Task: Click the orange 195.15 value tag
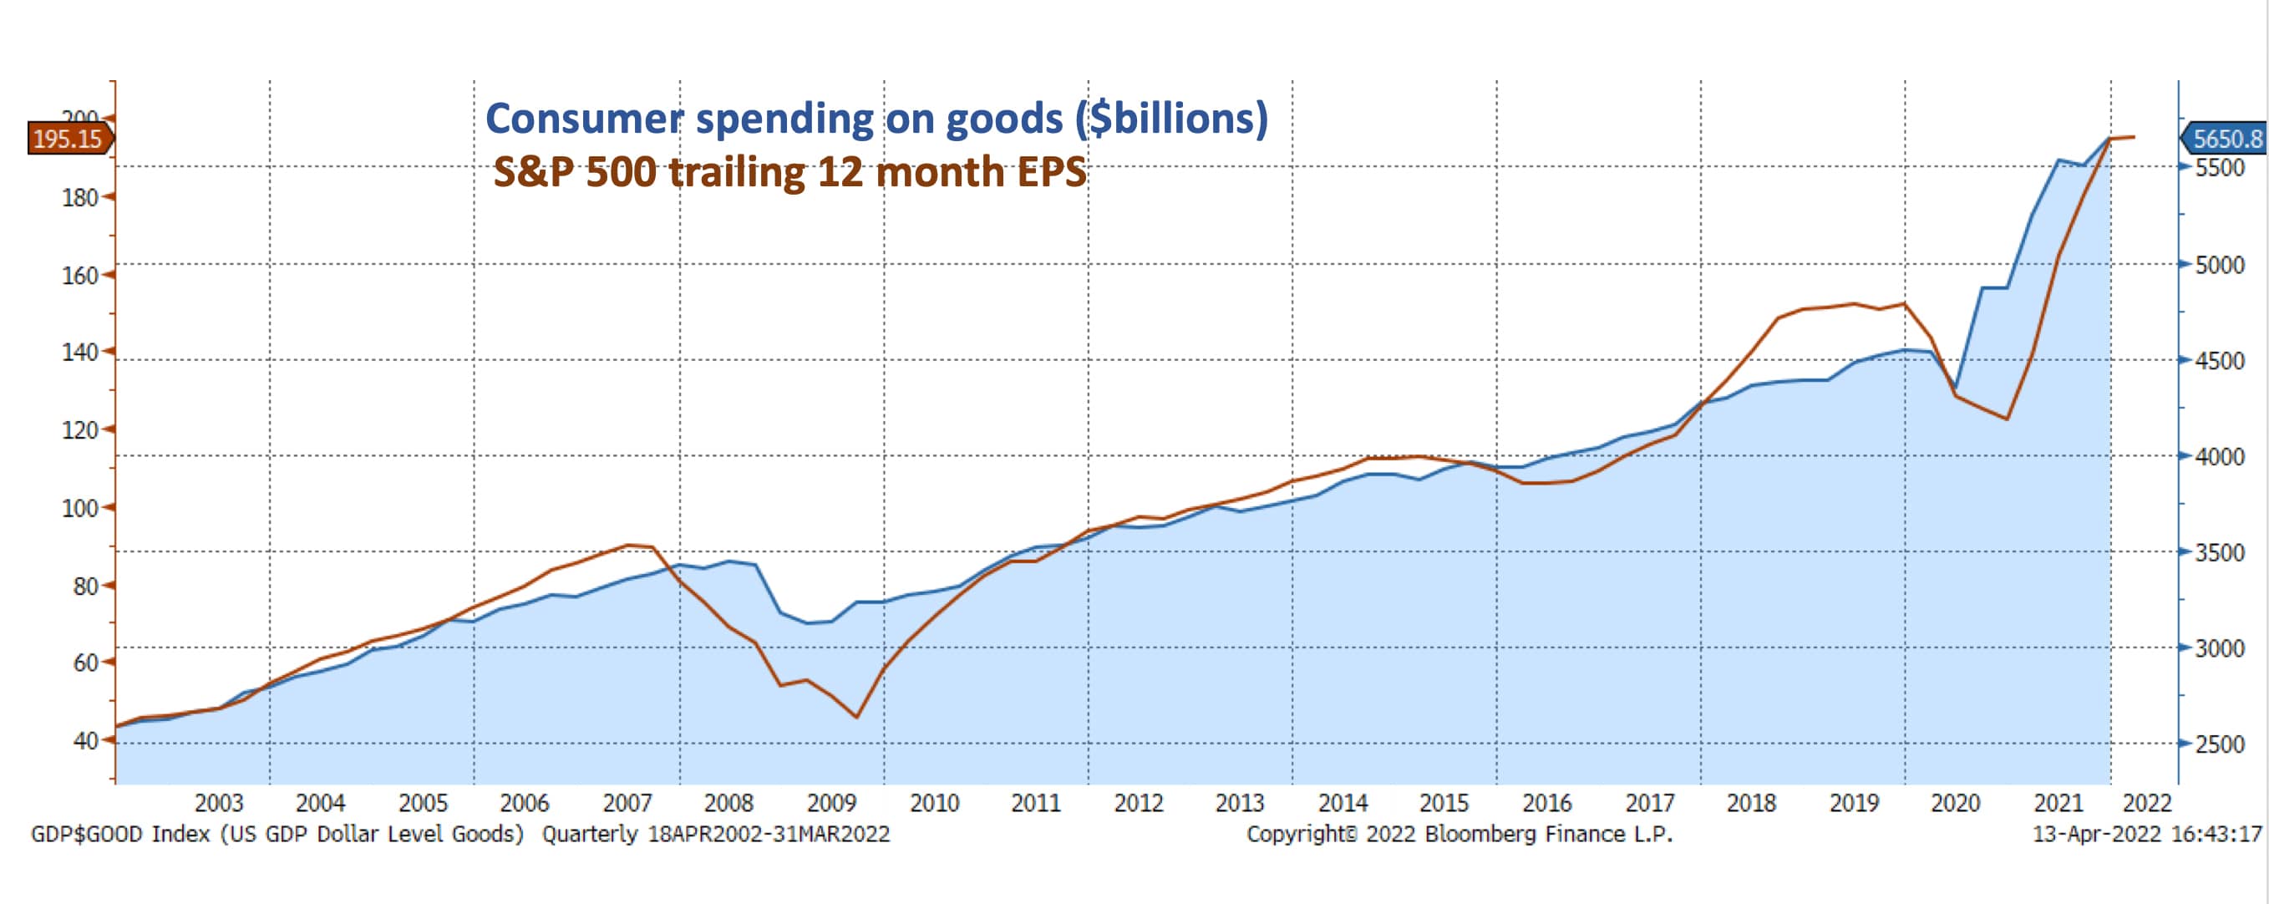pos(69,140)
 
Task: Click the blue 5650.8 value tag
pos(2225,140)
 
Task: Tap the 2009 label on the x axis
pos(830,803)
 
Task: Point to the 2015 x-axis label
pos(1444,803)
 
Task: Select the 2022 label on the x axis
pos(2146,803)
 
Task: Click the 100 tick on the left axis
pos(80,508)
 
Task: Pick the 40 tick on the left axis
pos(85,741)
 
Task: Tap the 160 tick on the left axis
pos(80,276)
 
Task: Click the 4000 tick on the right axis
pos(2220,456)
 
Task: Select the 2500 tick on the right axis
pos(2220,744)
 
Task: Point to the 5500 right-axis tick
pos(2220,167)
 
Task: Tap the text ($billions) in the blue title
pos(1170,119)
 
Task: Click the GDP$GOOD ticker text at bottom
pos(86,834)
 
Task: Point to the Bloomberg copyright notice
pos(1459,834)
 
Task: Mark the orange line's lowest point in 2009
pos(856,717)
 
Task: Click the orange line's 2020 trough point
pos(2007,419)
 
